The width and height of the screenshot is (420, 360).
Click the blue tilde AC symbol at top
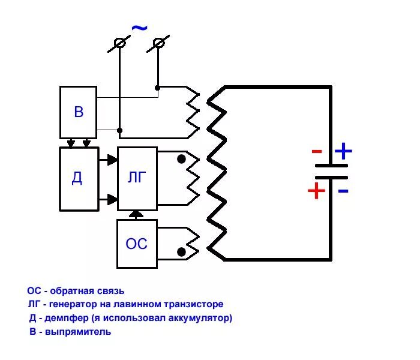[x=139, y=28]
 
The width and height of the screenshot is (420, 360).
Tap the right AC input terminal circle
[x=158, y=43]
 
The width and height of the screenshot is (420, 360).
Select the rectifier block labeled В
[x=79, y=112]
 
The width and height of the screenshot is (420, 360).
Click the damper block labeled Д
[x=79, y=178]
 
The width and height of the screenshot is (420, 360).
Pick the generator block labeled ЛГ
[x=137, y=178]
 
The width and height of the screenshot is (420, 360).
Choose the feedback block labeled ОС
[x=137, y=244]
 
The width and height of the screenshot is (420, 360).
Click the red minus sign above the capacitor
[x=317, y=152]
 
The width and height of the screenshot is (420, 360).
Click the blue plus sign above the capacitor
[x=343, y=151]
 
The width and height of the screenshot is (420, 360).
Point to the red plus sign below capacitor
[x=316, y=191]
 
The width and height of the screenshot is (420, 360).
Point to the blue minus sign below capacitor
[x=343, y=191]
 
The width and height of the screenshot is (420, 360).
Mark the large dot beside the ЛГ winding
[x=181, y=160]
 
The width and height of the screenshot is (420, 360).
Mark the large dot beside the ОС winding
[x=181, y=251]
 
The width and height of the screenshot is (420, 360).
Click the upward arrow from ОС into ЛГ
[x=137, y=214]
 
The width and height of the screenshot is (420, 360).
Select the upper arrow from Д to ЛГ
[x=111, y=160]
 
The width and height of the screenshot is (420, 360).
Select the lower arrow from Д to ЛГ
[x=111, y=199]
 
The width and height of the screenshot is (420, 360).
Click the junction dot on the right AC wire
[x=158, y=88]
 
